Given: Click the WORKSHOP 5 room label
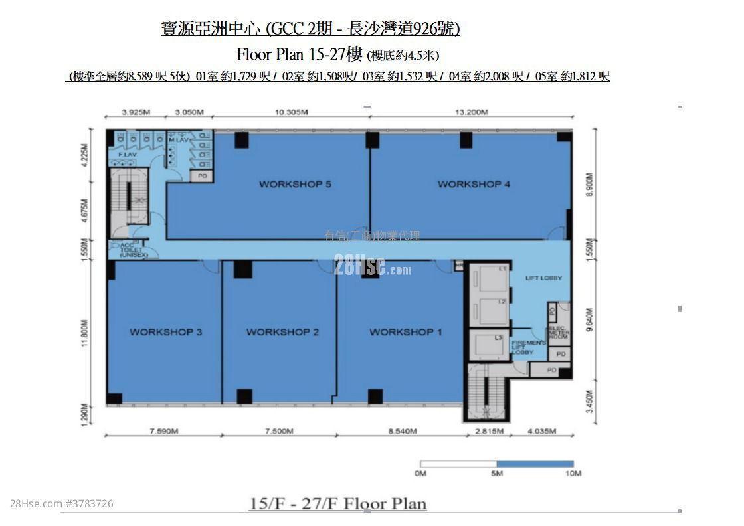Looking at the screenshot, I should point(295,184).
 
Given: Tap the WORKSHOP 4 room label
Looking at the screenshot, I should point(474,184).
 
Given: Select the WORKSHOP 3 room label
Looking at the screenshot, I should point(165,332).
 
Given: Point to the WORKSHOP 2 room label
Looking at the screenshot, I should point(282,332).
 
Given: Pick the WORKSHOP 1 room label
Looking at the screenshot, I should point(405,332).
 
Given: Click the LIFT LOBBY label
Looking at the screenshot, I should point(543,278).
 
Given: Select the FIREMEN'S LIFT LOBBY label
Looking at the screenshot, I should point(528,347).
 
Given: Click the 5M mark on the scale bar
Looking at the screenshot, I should point(496,474).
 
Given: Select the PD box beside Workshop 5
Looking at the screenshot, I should point(201,176).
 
